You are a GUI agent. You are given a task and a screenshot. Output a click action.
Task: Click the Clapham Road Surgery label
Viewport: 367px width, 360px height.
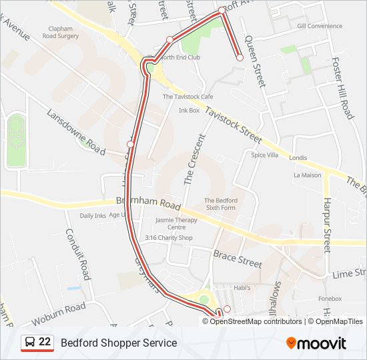pyautogui.click(x=64, y=33)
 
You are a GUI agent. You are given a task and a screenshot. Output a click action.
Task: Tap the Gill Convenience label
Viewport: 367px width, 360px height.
pyautogui.click(x=320, y=26)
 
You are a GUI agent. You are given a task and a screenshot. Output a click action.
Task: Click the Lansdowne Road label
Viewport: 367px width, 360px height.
pyautogui.click(x=76, y=131)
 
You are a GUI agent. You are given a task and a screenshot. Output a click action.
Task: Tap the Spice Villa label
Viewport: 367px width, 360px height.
pyautogui.click(x=264, y=155)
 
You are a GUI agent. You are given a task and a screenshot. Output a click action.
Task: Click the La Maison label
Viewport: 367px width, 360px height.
pyautogui.click(x=307, y=175)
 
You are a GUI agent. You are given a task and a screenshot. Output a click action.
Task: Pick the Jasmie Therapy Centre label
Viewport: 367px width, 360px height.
pyautogui.click(x=176, y=223)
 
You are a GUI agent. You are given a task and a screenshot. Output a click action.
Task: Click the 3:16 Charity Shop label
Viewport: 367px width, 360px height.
pyautogui.click(x=169, y=238)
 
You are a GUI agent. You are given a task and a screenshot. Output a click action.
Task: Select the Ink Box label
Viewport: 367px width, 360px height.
pyautogui.click(x=189, y=110)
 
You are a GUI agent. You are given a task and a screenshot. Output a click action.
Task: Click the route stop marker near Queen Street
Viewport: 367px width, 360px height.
pyautogui.click(x=240, y=58)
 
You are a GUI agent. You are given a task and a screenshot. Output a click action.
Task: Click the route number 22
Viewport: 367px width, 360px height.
pyautogui.click(x=45, y=342)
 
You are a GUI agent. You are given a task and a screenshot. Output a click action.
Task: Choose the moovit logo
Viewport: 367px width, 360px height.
pyautogui.click(x=316, y=343)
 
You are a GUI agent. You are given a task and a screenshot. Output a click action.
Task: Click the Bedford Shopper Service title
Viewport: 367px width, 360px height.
pyautogui.click(x=119, y=343)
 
